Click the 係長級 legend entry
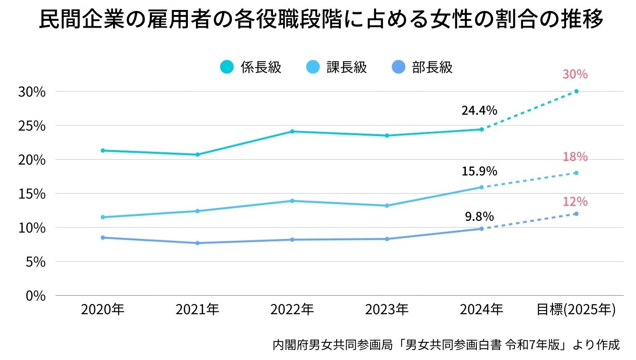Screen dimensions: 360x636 coord(251,67)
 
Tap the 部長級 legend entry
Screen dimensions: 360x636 coord(422,67)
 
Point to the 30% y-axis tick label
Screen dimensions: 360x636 coord(32,92)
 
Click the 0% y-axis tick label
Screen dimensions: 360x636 coord(35,296)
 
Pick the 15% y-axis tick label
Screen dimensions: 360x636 coord(32,194)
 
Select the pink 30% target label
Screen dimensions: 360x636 coord(575,74)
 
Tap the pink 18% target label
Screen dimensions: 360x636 coord(575,157)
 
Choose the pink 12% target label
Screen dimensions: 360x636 coord(575,201)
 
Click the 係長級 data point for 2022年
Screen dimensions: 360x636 coord(293,131)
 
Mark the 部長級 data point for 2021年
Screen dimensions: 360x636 coord(198,243)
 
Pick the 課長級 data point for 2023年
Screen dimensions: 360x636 coord(387,205)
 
